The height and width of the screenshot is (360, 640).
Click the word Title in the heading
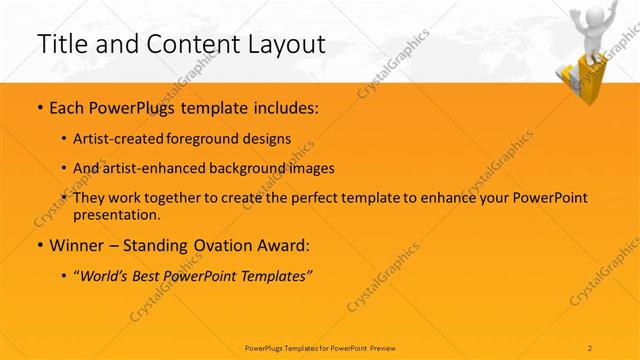tap(59, 44)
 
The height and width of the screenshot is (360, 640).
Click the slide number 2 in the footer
tap(591, 348)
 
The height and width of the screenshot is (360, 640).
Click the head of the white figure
tap(587, 17)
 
